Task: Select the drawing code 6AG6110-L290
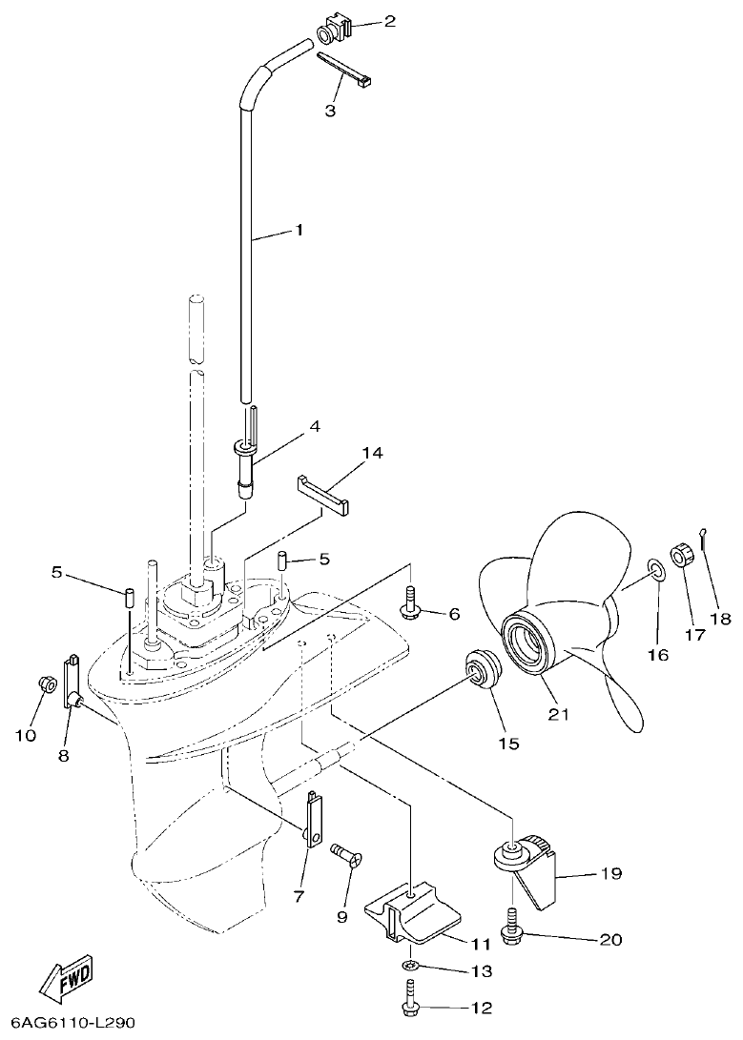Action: (68, 1023)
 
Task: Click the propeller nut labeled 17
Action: (684, 555)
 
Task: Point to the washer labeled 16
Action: (656, 570)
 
